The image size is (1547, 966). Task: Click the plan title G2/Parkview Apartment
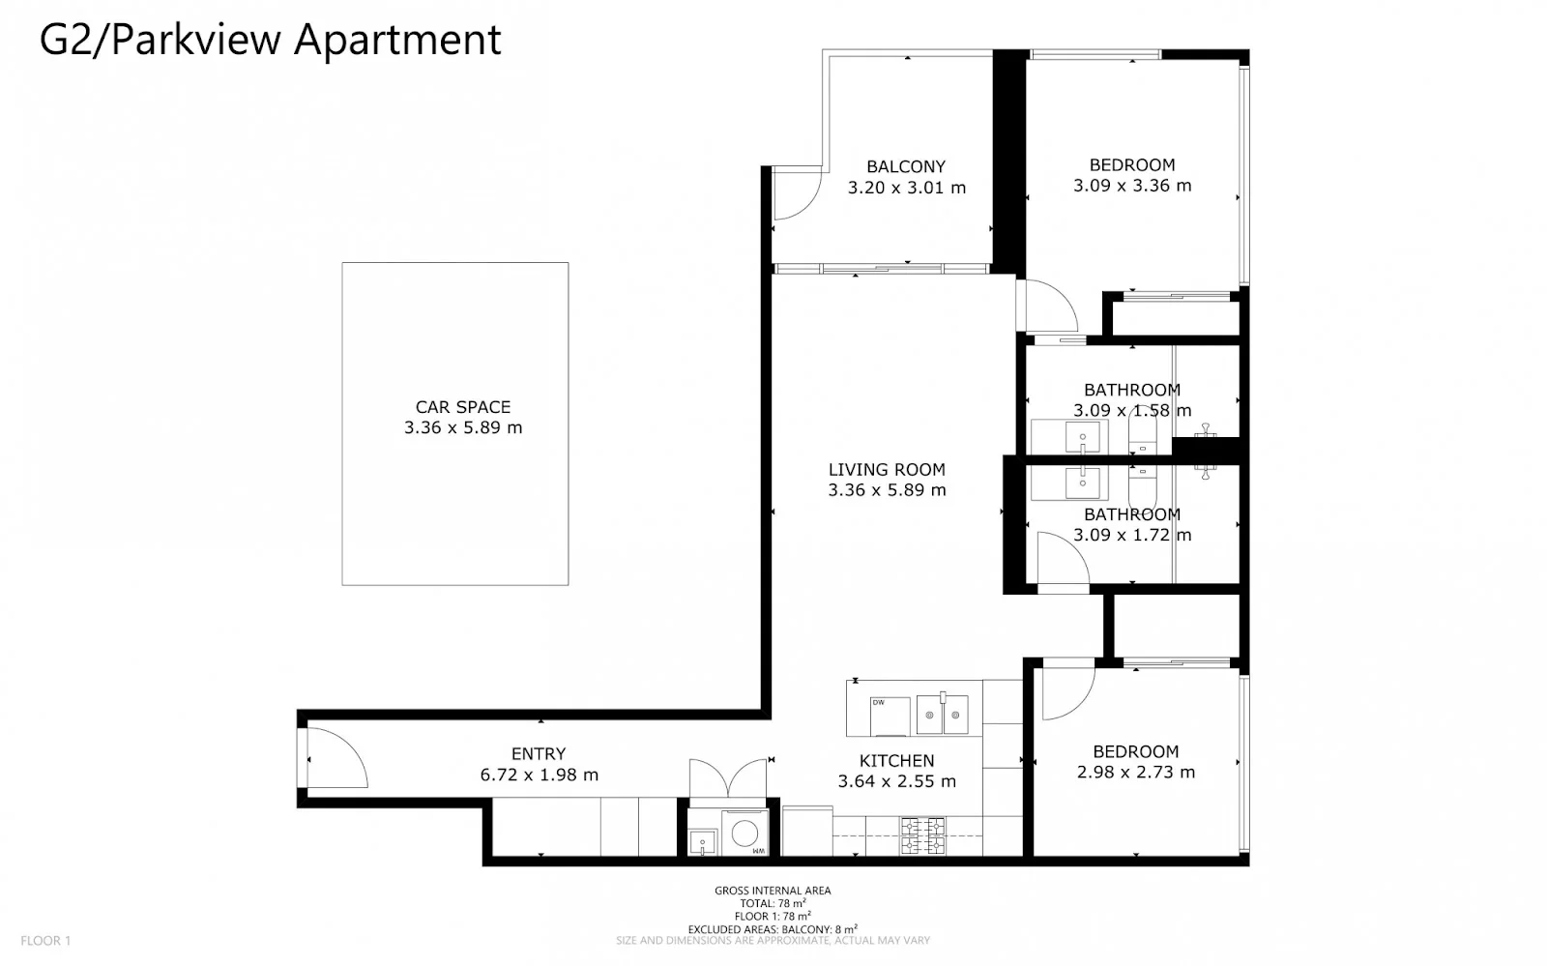click(270, 41)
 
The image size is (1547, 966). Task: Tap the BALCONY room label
click(906, 166)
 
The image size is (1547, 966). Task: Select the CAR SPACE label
click(463, 407)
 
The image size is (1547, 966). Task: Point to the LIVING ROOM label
click(887, 470)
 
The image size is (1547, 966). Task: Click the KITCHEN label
click(896, 761)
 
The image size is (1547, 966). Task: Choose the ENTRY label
click(539, 754)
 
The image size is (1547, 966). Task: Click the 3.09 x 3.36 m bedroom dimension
click(1132, 186)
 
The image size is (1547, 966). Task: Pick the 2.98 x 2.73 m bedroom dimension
click(1136, 773)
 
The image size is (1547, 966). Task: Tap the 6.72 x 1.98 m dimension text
click(539, 776)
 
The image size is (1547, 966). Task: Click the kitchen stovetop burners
click(922, 835)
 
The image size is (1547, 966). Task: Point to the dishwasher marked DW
click(890, 717)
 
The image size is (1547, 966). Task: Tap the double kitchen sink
click(942, 715)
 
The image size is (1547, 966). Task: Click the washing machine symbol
click(744, 833)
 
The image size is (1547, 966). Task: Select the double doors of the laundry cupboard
click(728, 778)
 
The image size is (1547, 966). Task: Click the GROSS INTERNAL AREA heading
click(773, 891)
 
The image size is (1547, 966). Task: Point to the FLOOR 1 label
click(45, 941)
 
